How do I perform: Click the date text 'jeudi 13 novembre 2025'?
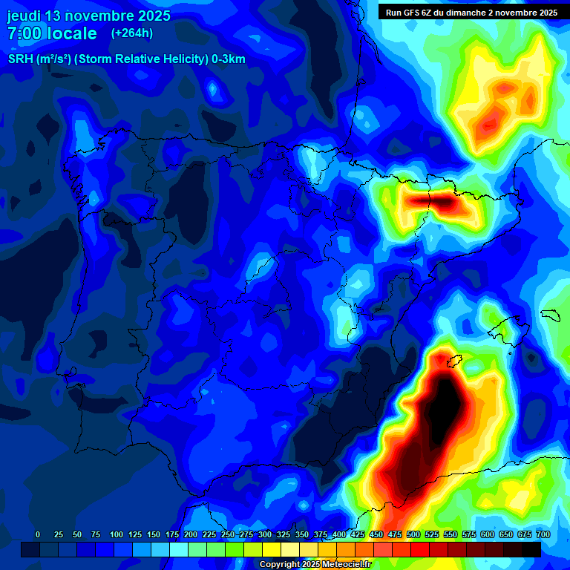point(88,16)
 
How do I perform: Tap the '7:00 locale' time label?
point(52,34)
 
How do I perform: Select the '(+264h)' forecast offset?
point(132,33)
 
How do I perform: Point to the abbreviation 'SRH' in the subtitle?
point(21,59)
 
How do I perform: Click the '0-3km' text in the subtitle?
point(229,59)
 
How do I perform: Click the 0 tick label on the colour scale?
point(38,535)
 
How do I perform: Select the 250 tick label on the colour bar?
point(227,535)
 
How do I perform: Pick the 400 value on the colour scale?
point(338,535)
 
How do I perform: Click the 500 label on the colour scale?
point(413,535)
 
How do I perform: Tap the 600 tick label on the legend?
point(487,535)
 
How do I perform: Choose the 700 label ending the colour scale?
point(543,535)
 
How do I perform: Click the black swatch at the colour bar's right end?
point(531,549)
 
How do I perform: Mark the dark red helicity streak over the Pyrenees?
point(430,200)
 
